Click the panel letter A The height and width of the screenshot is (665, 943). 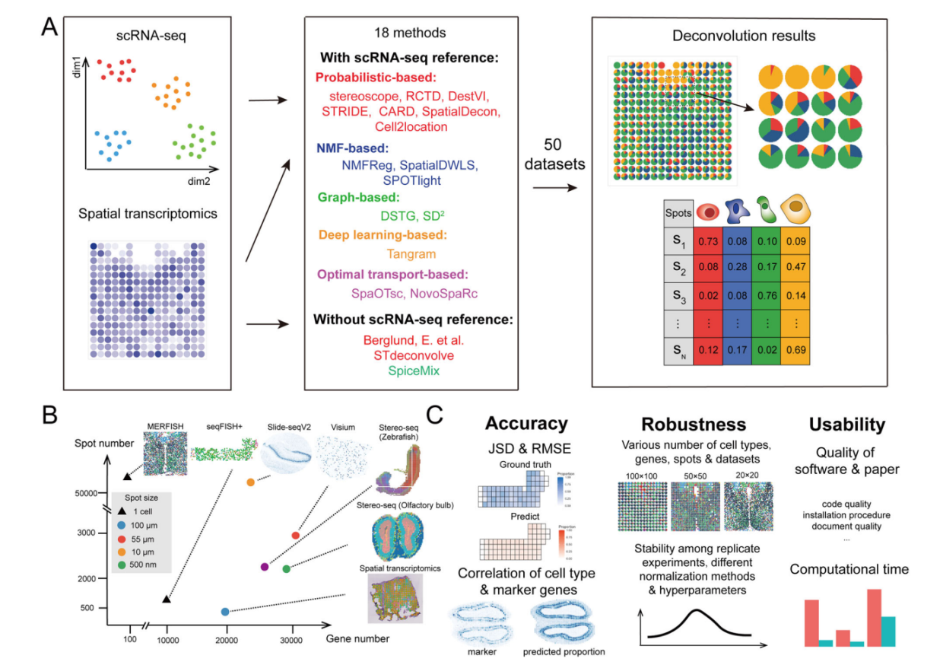49,28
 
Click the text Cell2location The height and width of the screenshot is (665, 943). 411,126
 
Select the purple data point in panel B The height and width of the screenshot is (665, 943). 265,567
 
